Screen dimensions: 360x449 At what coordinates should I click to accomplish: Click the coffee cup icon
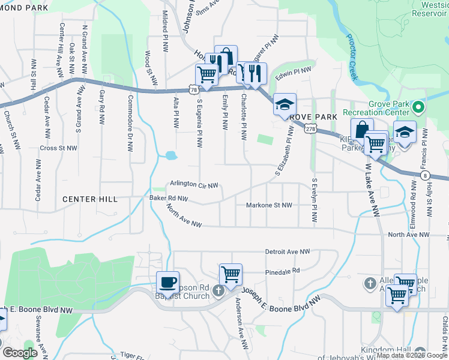click(167, 281)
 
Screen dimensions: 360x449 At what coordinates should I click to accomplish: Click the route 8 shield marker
click(425, 175)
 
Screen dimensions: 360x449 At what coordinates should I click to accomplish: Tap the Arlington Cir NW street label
click(193, 185)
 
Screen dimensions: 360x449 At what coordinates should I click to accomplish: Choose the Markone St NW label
click(269, 205)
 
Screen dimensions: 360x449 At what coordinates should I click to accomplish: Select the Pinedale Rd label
click(282, 271)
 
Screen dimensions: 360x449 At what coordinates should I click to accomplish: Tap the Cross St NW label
click(59, 148)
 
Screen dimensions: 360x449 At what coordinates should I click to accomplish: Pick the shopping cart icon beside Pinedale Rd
click(231, 274)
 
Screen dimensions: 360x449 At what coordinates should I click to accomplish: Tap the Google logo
click(20, 353)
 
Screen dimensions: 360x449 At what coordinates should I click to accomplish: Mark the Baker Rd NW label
click(169, 198)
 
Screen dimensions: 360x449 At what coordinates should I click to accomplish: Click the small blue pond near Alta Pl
click(171, 155)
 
